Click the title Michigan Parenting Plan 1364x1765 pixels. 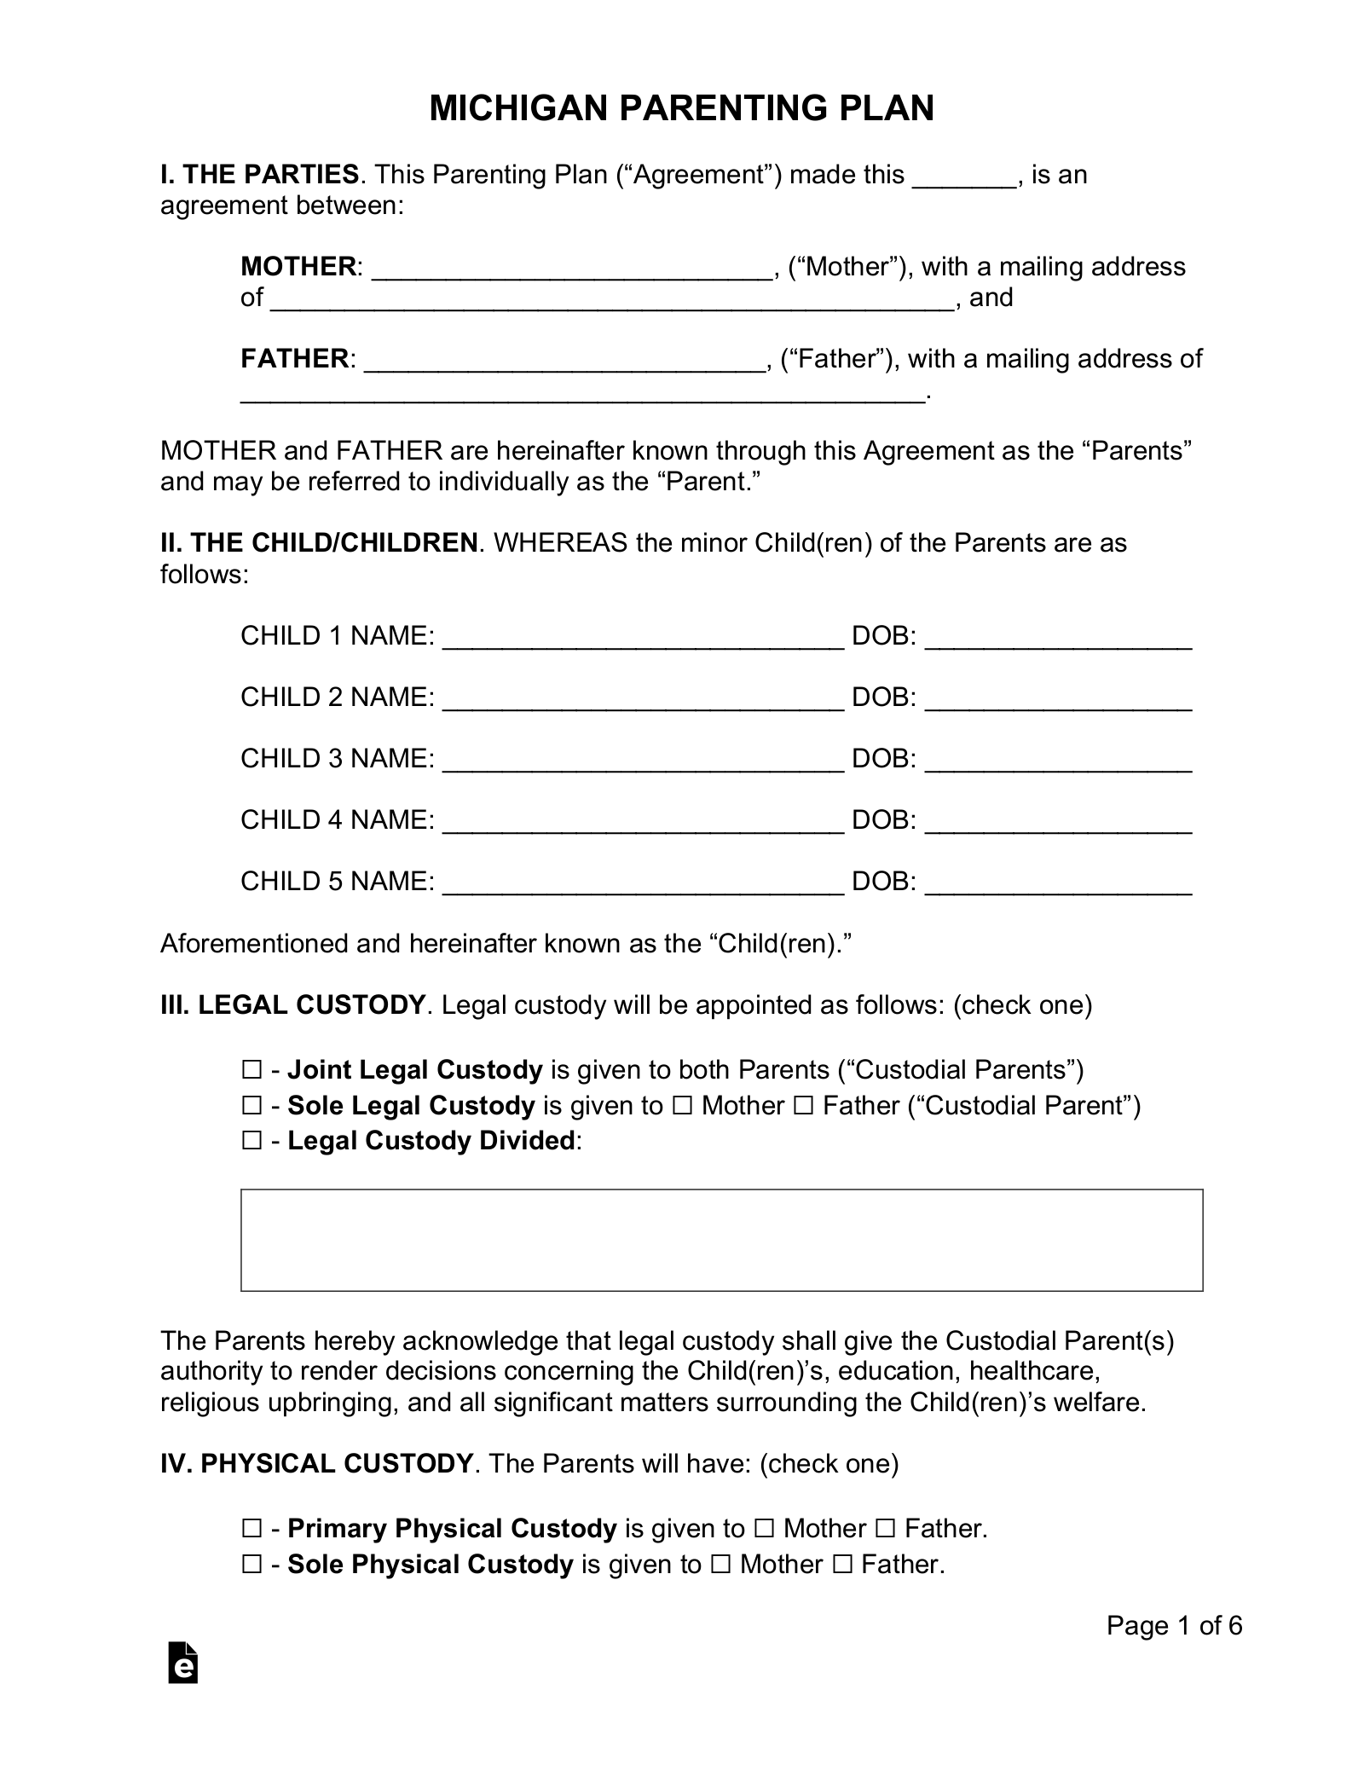[681, 108]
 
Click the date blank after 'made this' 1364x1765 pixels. [964, 176]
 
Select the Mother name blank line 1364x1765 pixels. [572, 269]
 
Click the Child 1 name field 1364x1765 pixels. [643, 638]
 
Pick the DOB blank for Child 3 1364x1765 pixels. [1057, 761]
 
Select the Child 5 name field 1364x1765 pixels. [643, 883]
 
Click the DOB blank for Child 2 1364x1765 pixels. [1057, 699]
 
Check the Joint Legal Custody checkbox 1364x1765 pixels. [251, 1070]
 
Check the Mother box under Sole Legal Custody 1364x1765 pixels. [682, 1106]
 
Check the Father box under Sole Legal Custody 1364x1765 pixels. [804, 1106]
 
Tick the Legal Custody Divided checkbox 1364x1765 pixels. [251, 1141]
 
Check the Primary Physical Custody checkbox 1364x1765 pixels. [251, 1529]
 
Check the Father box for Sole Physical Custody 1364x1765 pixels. [842, 1565]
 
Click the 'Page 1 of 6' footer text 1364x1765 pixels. [1174, 1626]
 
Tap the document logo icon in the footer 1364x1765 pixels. [183, 1662]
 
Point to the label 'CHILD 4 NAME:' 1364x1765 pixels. [338, 820]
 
